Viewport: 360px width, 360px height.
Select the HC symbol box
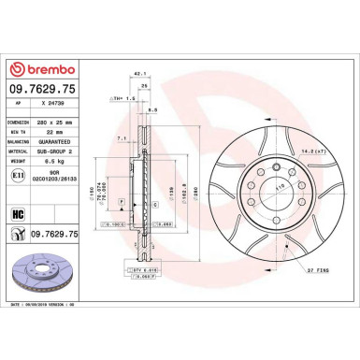pyautogui.click(x=18, y=214)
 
